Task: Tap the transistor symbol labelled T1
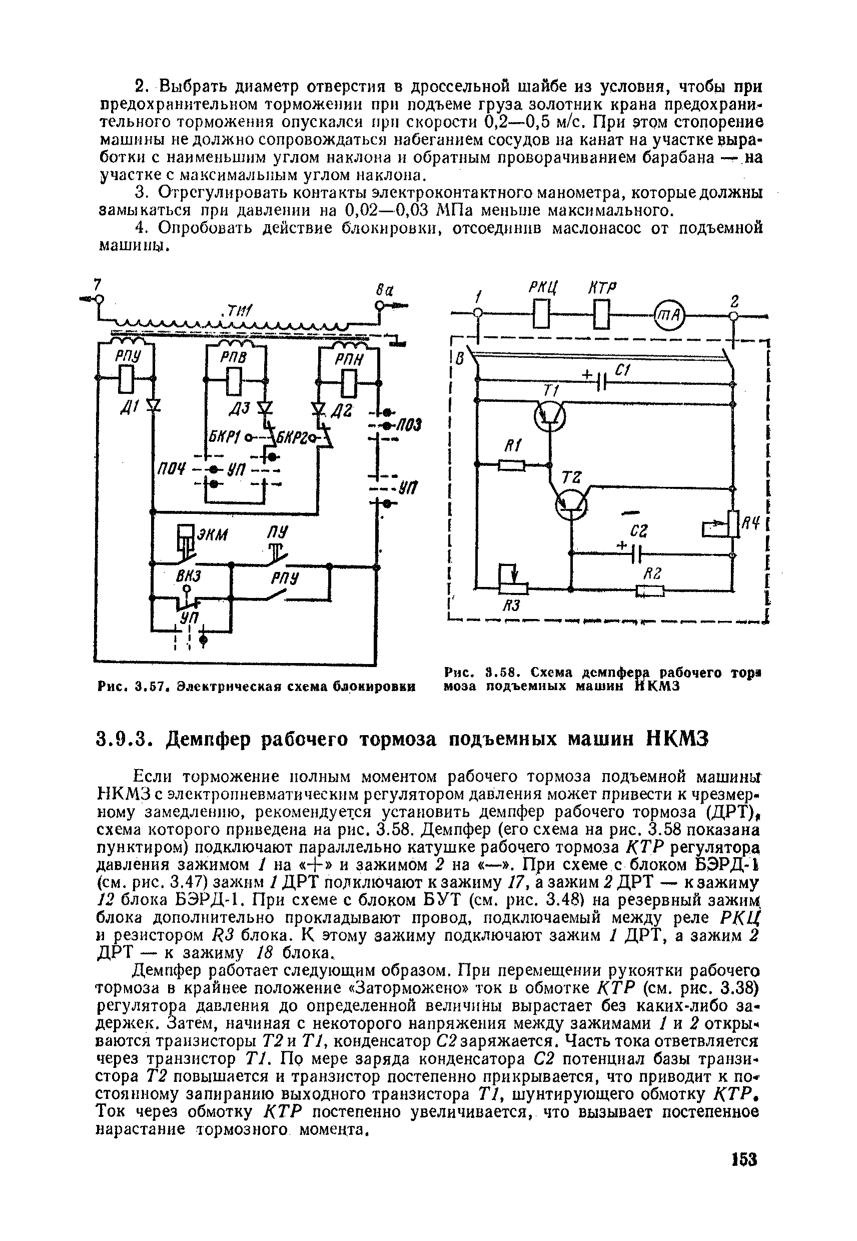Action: [x=550, y=414]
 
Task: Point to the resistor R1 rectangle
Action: [x=511, y=464]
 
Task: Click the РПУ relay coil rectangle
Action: [x=126, y=379]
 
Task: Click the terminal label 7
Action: [x=98, y=283]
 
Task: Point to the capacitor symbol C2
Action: [x=637, y=553]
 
